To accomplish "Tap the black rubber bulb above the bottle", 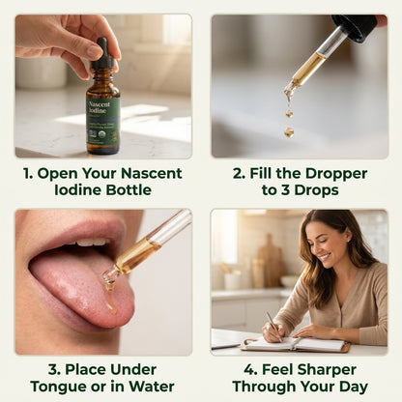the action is click(102, 47).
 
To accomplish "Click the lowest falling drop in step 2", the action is click(289, 131).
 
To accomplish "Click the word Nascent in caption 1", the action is click(151, 173).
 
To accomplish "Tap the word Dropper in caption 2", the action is click(336, 174).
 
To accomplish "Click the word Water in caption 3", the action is click(152, 387).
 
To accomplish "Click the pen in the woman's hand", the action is click(274, 326).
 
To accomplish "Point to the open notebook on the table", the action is click(295, 344).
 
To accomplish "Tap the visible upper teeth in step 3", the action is click(91, 242).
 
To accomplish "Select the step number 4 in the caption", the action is click(250, 370).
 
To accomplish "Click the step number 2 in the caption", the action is click(238, 174).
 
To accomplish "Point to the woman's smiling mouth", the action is click(325, 257).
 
